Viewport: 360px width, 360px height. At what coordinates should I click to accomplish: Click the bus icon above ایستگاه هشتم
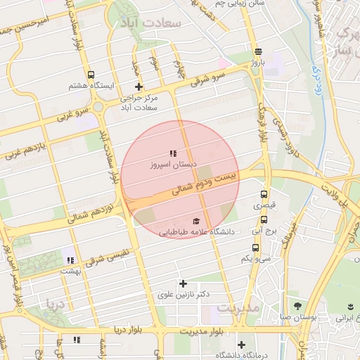point(91,75)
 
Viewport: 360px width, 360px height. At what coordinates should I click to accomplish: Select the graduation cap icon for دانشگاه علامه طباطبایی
point(195,221)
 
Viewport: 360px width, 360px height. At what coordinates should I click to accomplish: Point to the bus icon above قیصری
point(264,195)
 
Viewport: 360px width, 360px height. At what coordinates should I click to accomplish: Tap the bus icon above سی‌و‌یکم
point(255,247)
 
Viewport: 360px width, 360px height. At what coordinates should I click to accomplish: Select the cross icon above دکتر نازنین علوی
point(184,283)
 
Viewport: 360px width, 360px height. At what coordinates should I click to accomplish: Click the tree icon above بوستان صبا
point(297,306)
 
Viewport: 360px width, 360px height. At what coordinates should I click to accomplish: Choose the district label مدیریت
point(239,308)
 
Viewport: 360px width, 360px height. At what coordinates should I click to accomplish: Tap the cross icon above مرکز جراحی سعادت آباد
point(139,87)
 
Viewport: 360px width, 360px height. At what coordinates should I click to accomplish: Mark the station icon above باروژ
point(259,51)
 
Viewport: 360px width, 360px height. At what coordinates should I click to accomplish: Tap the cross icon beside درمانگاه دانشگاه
point(242,345)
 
